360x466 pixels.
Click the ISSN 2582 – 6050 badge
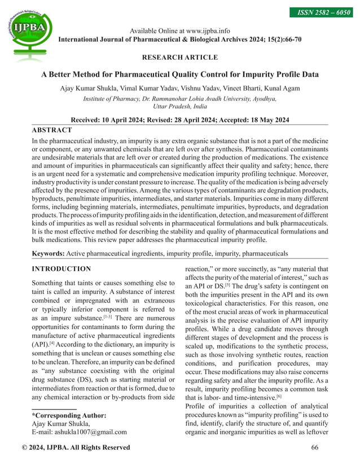[x=324, y=12]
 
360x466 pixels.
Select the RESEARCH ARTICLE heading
[x=179, y=57]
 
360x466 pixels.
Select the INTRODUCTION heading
[x=62, y=269]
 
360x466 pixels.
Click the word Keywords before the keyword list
[x=49, y=254]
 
